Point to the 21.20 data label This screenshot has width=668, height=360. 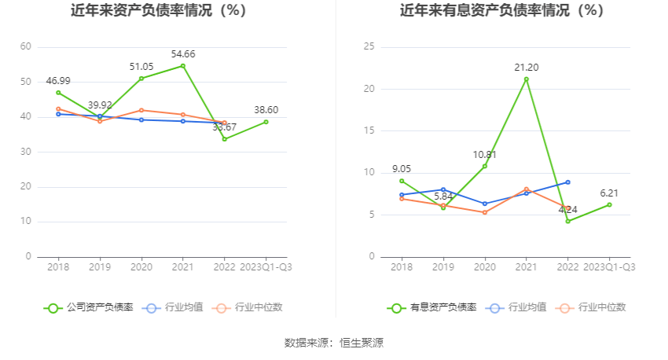coord(527,67)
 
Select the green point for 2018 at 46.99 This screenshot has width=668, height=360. coord(58,93)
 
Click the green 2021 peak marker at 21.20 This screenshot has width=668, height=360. coord(527,79)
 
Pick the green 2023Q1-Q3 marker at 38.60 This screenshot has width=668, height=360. coord(266,122)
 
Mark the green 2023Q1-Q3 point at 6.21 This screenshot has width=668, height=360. coord(609,204)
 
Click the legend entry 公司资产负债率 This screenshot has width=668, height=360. coord(90,307)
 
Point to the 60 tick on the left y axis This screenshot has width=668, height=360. coord(26,47)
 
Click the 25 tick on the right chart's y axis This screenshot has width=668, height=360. coord(369,47)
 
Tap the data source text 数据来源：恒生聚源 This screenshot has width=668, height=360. coord(334,343)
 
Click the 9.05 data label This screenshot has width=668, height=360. coord(401,168)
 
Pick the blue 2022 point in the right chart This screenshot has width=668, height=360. coord(567,182)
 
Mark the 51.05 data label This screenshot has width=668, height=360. coord(141,67)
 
